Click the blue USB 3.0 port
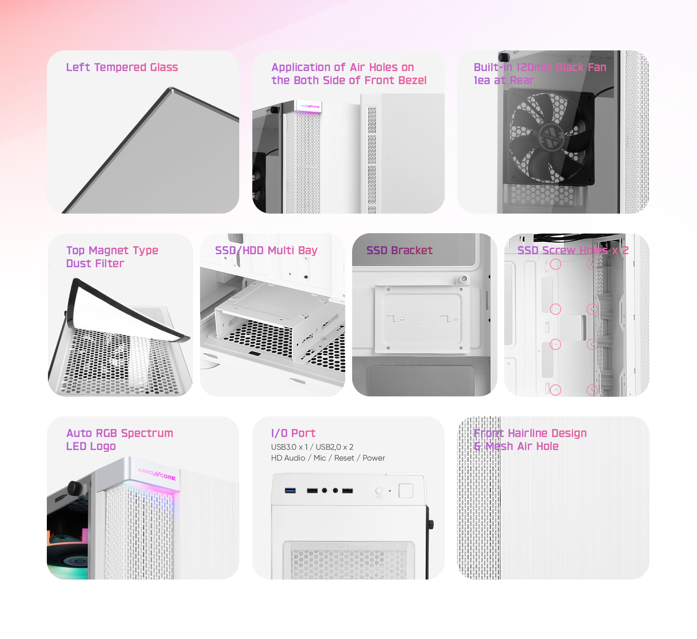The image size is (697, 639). coord(290,491)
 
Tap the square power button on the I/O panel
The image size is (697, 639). coord(406,491)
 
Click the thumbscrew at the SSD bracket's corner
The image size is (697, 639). coord(464,279)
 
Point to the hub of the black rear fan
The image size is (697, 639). coord(551,137)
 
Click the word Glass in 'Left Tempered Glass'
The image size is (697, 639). coord(164,67)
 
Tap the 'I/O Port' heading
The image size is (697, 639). coord(293,433)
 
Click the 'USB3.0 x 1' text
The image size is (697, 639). coord(289,447)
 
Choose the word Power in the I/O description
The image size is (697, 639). coord(374,458)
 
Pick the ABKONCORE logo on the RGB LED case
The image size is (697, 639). coord(157,474)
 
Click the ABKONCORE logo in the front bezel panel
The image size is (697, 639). coord(310,107)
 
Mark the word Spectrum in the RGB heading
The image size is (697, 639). coord(147,433)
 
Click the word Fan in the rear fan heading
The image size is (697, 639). coord(597,67)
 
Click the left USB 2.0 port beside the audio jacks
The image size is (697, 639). coord(312,491)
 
